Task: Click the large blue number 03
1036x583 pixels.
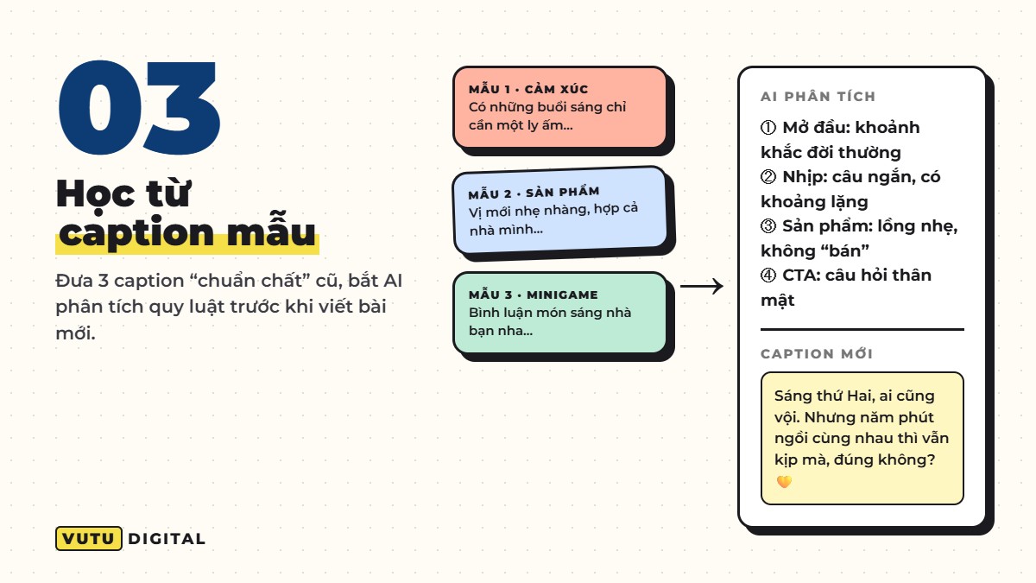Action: [139, 107]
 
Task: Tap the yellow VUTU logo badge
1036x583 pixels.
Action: [89, 539]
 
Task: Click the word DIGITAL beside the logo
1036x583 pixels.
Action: [167, 539]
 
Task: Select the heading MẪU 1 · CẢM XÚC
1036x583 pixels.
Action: [528, 89]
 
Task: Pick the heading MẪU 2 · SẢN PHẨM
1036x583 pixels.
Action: [534, 193]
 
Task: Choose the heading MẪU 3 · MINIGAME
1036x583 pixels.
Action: [534, 295]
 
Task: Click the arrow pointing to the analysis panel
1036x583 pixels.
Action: [702, 287]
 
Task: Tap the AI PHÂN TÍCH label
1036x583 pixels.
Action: [818, 97]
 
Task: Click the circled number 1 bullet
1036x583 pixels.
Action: [768, 127]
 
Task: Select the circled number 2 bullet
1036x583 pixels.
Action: [768, 177]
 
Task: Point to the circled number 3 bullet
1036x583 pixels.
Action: [768, 226]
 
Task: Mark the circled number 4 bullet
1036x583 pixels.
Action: [768, 276]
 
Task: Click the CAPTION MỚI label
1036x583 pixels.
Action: [817, 354]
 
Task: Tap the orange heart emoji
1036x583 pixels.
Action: [784, 482]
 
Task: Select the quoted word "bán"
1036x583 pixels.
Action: [844, 250]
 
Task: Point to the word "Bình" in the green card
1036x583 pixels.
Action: [483, 313]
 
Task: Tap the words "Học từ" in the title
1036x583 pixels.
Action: [123, 193]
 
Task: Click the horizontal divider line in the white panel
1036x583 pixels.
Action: [862, 329]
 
